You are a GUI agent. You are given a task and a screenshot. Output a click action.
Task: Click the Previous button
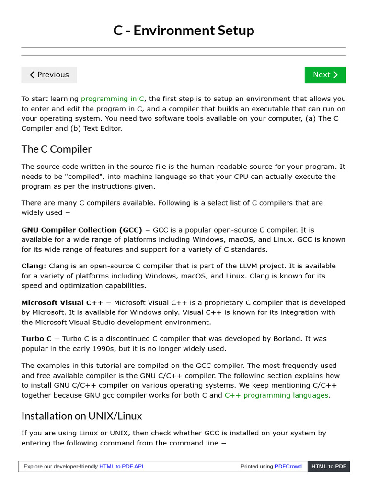pyautogui.click(x=49, y=75)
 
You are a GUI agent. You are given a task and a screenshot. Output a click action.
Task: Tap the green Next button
pyautogui.click(x=325, y=75)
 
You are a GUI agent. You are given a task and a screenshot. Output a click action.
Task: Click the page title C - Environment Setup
pyautogui.click(x=184, y=31)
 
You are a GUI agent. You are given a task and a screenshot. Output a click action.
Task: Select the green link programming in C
pyautogui.click(x=113, y=99)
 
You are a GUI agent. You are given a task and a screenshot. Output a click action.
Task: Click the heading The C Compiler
pyautogui.click(x=57, y=149)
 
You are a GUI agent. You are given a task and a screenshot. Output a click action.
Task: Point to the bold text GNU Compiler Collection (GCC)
pyautogui.click(x=82, y=230)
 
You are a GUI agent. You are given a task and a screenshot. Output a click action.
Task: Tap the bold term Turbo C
pyautogui.click(x=36, y=339)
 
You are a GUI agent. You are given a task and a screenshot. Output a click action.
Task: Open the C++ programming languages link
pyautogui.click(x=276, y=395)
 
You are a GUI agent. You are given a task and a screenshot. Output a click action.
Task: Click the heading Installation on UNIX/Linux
pyautogui.click(x=81, y=416)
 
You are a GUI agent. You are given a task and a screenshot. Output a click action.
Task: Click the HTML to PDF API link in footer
pyautogui.click(x=121, y=467)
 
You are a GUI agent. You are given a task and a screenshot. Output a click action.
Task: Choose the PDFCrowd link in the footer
pyautogui.click(x=288, y=467)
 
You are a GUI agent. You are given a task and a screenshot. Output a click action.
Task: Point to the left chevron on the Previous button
pyautogui.click(x=32, y=75)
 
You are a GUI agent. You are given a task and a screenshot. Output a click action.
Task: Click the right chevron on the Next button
pyautogui.click(x=335, y=75)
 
